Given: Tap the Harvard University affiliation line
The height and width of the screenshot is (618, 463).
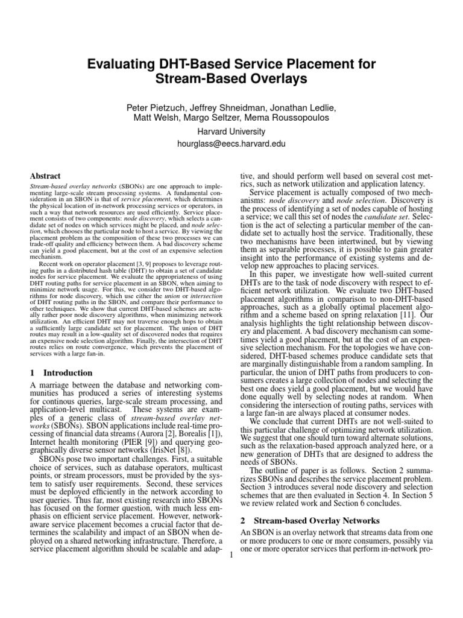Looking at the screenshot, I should (232, 132).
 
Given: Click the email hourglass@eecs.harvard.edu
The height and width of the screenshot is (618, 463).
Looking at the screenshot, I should (232, 144).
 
